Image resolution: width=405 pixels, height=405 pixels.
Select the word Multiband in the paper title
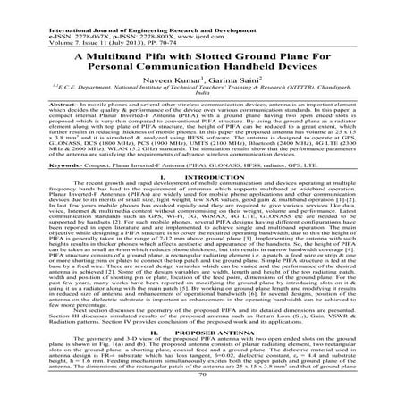pos(105,55)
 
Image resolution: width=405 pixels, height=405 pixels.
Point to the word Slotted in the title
pos(198,55)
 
